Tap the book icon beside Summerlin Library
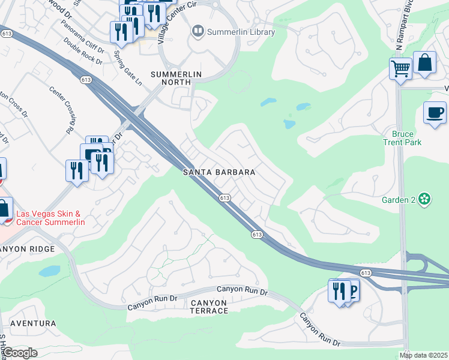tap(197, 31)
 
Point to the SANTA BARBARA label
tap(220, 172)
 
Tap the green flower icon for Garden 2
tap(425, 199)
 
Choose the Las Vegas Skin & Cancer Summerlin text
tap(50, 218)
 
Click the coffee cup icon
tap(435, 112)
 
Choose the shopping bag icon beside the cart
tap(424, 62)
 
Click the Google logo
tap(20, 353)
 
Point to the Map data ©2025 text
tap(424, 355)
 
